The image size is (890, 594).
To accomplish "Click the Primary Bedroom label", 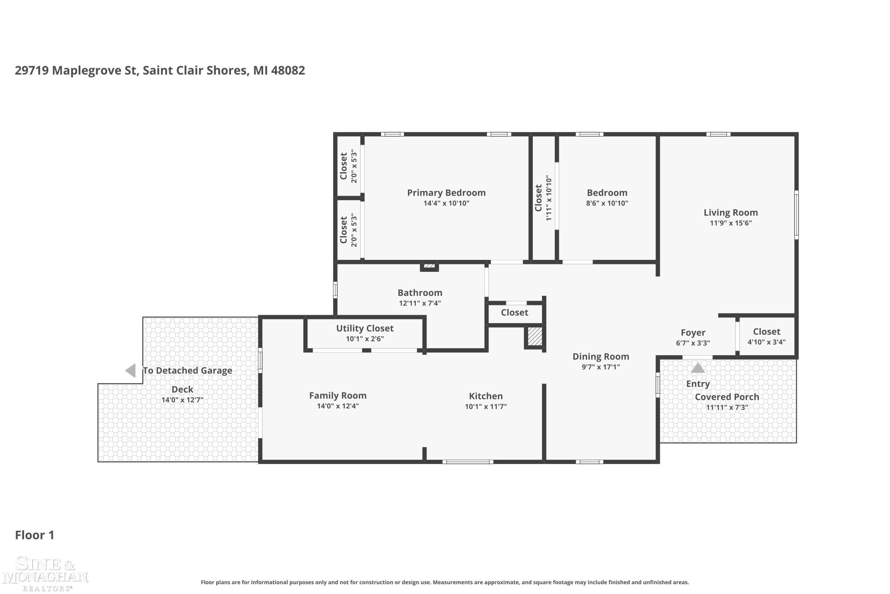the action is (x=446, y=193).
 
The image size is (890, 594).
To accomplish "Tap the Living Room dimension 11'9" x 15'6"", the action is (x=730, y=223).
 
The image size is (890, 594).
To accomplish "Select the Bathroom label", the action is (x=420, y=293).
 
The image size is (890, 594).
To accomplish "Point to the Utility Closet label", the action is (x=365, y=328).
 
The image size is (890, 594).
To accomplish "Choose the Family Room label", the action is (x=338, y=396).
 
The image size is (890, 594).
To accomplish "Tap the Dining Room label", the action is (x=600, y=356).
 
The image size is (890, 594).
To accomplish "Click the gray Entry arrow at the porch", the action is (x=698, y=367).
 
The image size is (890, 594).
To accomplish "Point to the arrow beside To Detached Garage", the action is (x=131, y=371).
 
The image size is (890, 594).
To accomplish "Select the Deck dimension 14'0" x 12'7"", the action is (x=182, y=400).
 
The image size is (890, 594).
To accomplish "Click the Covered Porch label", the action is (x=727, y=397).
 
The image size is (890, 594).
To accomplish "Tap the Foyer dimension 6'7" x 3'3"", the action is (x=693, y=343).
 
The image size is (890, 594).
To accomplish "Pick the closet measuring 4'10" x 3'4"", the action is (x=767, y=336).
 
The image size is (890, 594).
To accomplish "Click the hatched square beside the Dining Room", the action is (x=535, y=336).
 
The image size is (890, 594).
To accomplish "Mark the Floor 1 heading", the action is (x=34, y=535).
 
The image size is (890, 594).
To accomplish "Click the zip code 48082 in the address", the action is (x=288, y=70).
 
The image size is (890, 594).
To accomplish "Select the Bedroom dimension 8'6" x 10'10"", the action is (x=607, y=203).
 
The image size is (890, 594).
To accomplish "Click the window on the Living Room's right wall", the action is (x=796, y=215).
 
